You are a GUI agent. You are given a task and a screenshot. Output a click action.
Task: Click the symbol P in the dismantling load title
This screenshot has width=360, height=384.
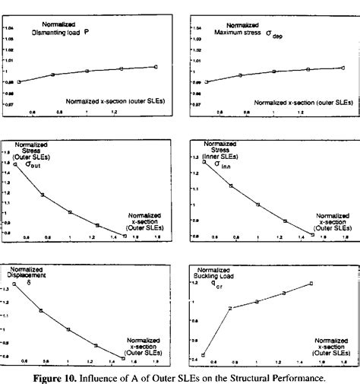109,33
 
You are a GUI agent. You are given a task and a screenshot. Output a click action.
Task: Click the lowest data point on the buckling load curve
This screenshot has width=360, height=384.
204,355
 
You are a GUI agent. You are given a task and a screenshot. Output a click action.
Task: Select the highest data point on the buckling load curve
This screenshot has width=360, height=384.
311,284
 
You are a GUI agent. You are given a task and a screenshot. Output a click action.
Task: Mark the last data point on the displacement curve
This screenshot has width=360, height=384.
123,357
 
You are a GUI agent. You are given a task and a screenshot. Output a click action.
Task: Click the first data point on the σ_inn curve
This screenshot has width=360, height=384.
204,162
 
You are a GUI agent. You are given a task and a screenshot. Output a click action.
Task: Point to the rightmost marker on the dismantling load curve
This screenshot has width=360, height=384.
156,67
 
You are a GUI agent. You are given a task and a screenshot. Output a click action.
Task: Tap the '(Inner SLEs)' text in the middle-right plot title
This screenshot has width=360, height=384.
221,154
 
